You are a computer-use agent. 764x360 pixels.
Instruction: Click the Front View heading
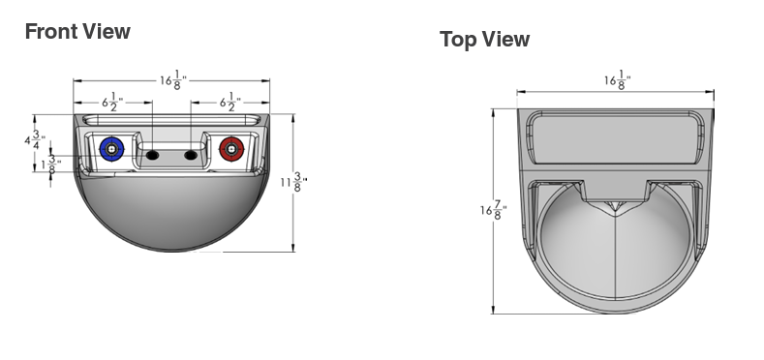pyautogui.click(x=77, y=31)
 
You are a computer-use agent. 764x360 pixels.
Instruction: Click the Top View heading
pyautogui.click(x=484, y=39)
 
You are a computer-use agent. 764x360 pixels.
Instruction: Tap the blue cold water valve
pyautogui.click(x=112, y=149)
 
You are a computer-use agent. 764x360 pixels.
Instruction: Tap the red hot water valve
pyautogui.click(x=231, y=149)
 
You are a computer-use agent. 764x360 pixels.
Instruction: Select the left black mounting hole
pyautogui.click(x=152, y=156)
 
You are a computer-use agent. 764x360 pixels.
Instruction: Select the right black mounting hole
pyautogui.click(x=190, y=156)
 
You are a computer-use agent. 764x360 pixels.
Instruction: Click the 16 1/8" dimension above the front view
pyautogui.click(x=173, y=80)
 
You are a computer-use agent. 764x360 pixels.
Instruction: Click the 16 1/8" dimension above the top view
pyautogui.click(x=618, y=80)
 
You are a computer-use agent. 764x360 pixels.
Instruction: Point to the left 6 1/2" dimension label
pyautogui.click(x=112, y=103)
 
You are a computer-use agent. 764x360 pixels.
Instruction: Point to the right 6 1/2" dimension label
pyautogui.click(x=230, y=103)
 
